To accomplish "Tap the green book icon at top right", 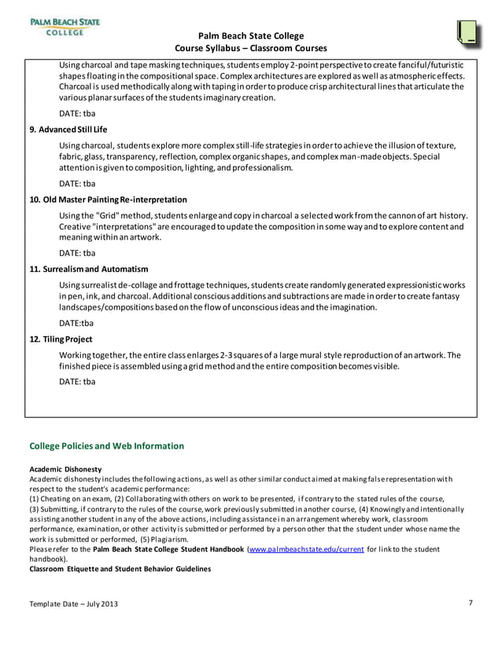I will (x=468, y=31).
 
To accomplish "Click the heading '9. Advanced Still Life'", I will (x=68, y=129).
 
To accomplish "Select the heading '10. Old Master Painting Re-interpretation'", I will (x=108, y=200).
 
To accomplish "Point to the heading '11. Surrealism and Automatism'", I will (x=88, y=269).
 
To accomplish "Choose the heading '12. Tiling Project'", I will (x=61, y=339).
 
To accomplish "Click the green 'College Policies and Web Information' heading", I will (x=106, y=446).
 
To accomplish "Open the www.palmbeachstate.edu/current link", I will (x=306, y=549).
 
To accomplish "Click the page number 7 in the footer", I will (x=470, y=603).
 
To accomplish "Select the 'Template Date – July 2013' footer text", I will (x=76, y=603).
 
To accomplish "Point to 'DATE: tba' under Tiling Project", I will (x=77, y=382).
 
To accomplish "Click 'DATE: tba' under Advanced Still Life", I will (x=77, y=184).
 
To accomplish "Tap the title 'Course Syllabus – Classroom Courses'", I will (x=250, y=49).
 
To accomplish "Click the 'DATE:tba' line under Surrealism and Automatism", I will (x=76, y=323).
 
